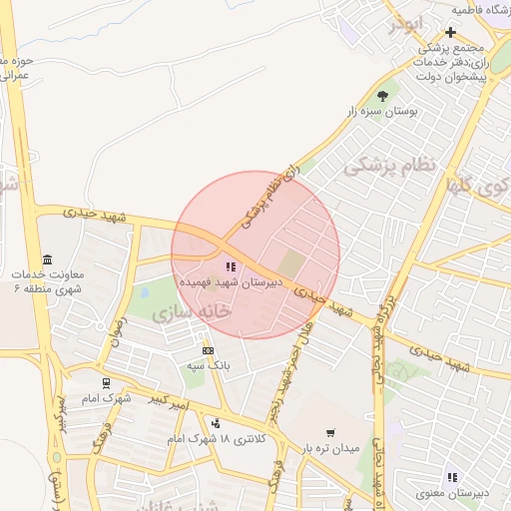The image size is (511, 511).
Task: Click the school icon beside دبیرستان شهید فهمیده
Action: (232, 266)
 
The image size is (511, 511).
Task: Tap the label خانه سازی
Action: (192, 312)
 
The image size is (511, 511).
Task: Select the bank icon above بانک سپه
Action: (208, 350)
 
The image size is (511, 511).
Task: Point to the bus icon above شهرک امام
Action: (106, 382)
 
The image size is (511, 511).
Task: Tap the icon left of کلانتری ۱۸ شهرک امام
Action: (216, 423)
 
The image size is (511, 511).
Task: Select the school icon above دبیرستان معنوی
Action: (451, 477)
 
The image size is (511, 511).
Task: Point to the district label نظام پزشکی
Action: (390, 166)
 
